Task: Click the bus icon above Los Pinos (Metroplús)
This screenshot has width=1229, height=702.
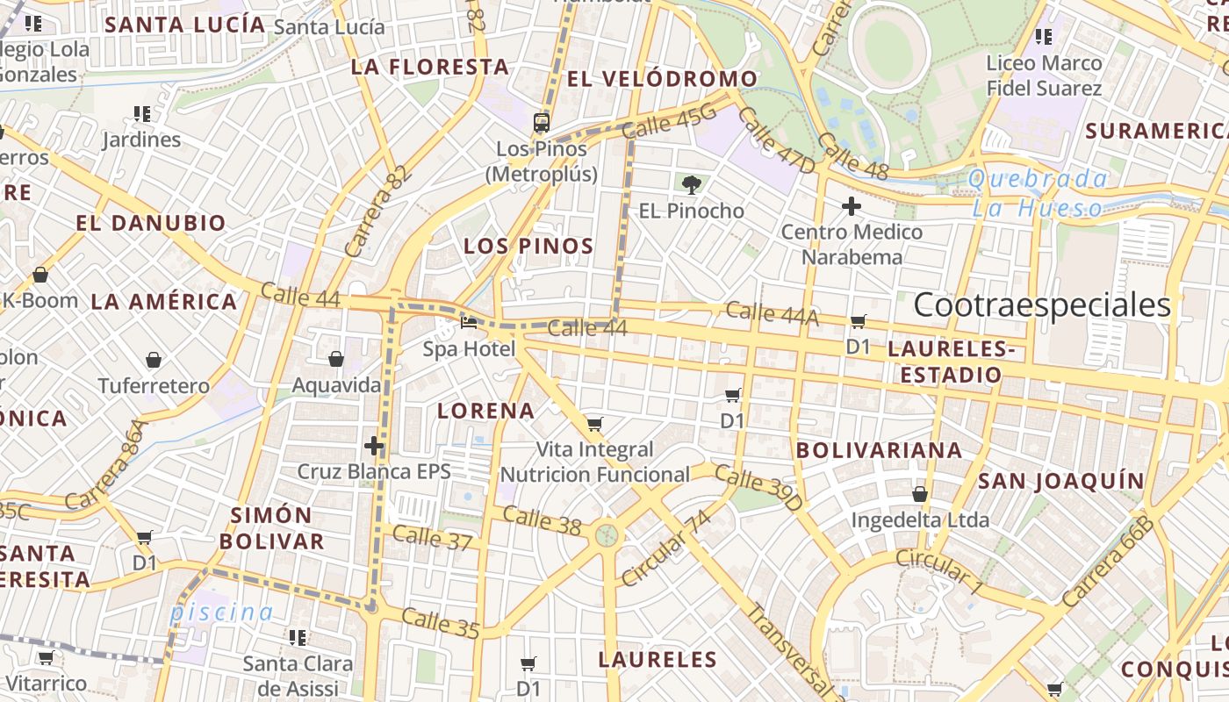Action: click(542, 122)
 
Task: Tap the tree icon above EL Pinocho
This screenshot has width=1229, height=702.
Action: click(692, 184)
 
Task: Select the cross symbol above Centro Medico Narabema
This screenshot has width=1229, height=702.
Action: click(851, 207)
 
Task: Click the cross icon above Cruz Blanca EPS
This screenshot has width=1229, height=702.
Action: click(374, 446)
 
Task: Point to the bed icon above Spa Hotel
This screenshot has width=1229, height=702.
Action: click(469, 324)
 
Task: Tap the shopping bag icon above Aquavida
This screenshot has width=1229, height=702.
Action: click(335, 359)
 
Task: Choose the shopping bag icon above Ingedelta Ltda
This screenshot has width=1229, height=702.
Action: click(919, 495)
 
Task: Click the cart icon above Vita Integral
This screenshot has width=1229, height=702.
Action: click(594, 425)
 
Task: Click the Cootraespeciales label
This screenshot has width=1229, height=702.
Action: click(1042, 304)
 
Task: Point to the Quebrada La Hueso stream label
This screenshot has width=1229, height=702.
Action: click(1038, 194)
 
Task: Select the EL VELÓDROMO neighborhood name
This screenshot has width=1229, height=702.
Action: click(662, 79)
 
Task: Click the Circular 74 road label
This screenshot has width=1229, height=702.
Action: click(665, 548)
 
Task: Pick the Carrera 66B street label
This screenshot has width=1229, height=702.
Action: click(1106, 562)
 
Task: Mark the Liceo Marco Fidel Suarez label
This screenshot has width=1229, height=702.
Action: click(1044, 75)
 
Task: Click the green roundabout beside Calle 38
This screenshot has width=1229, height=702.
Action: click(606, 534)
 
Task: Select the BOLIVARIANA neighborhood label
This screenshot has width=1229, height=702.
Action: click(879, 450)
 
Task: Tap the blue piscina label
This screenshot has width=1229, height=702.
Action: click(221, 612)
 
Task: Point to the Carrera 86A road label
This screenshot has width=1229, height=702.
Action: click(103, 466)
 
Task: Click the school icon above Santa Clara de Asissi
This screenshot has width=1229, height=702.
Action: click(298, 637)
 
